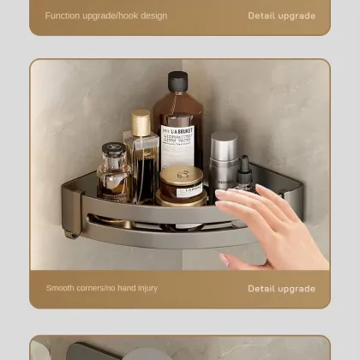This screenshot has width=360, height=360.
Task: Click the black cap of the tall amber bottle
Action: point(177,81)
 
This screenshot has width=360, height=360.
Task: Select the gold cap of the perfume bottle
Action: point(141,123)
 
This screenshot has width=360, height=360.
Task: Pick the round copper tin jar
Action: point(182,183)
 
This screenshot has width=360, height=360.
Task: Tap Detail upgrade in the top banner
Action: point(281,15)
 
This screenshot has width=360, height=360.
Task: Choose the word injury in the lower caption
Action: point(145,288)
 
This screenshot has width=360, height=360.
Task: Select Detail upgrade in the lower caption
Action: point(281,288)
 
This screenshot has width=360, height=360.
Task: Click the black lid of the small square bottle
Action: point(114,150)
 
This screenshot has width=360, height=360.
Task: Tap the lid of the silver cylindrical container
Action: point(224,139)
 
